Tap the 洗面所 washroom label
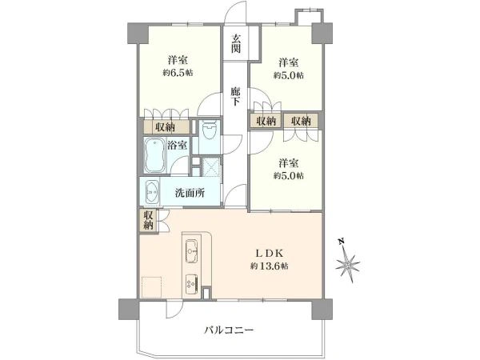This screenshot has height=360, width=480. [x=190, y=193]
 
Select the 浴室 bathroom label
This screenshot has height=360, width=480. [x=178, y=146]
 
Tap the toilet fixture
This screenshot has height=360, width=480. [x=210, y=132]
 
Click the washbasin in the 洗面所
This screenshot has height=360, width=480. [x=151, y=193]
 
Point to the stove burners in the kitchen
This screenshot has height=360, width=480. [x=192, y=282]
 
